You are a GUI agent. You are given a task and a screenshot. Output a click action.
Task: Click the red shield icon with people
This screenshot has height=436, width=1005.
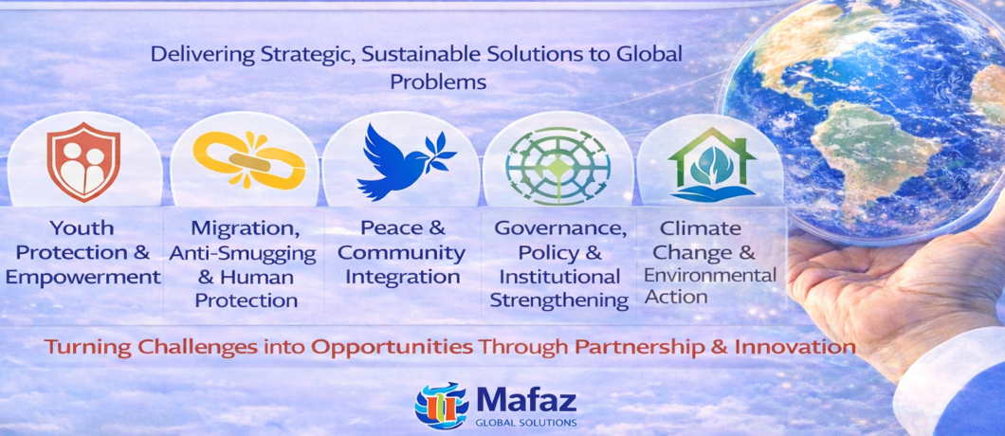click(83, 161)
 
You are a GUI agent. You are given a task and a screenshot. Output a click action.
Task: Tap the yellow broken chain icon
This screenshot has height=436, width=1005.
click(248, 160)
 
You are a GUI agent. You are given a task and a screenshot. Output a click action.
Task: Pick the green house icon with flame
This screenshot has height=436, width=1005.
click(711, 165)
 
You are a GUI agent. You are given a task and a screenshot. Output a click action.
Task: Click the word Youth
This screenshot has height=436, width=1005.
click(82, 227)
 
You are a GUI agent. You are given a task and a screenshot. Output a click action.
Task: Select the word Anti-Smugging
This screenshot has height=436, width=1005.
click(243, 253)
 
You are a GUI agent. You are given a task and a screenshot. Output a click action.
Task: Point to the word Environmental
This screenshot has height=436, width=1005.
click(710, 276)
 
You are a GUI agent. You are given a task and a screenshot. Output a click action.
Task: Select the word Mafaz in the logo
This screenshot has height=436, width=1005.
click(526, 400)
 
